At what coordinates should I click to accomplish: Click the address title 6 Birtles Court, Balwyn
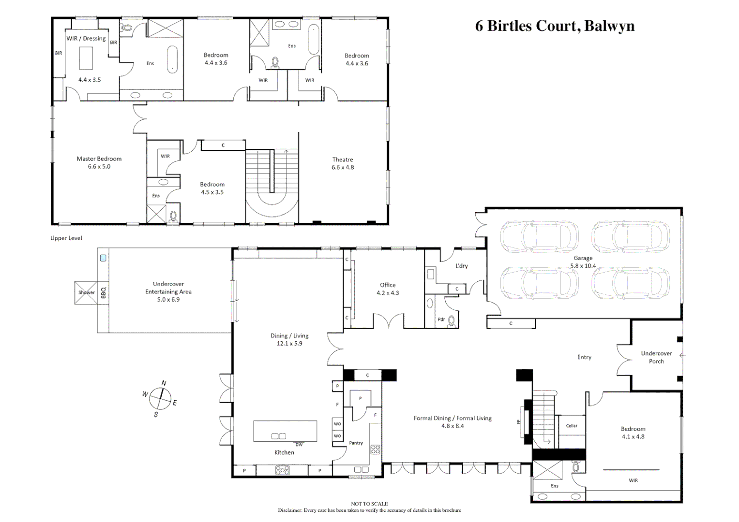555,26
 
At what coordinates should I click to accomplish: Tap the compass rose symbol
160,398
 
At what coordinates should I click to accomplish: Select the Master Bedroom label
99,159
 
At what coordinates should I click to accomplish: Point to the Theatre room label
343,160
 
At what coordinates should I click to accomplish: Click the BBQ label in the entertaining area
103,292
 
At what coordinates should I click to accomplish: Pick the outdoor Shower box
86,292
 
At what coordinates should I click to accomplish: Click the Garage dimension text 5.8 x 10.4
583,266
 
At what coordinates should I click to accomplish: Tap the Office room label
388,285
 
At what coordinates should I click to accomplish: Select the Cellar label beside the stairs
572,426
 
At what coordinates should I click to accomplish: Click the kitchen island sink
278,436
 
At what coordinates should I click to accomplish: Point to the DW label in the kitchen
299,445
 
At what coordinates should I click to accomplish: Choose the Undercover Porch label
656,357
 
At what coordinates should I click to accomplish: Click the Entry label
584,357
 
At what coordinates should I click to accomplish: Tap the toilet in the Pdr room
452,321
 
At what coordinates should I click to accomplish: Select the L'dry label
461,266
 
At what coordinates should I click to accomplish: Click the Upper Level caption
66,238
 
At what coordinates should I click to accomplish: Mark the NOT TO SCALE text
369,504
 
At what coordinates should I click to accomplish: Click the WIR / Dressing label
86,39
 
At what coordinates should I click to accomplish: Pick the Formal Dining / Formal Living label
452,418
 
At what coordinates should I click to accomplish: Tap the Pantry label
356,443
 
